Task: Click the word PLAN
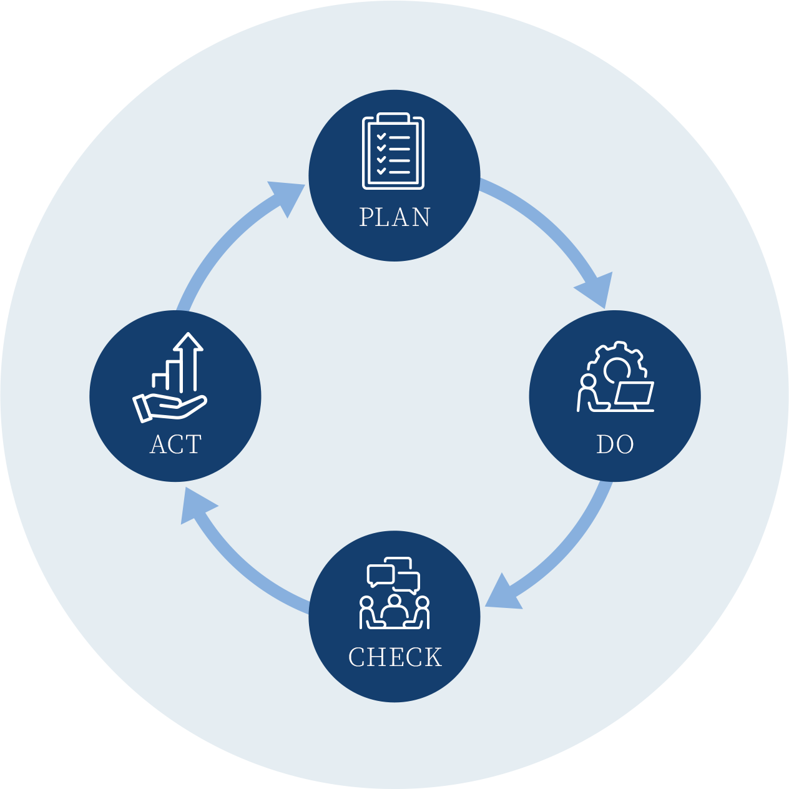click(394, 217)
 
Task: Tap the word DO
click(615, 444)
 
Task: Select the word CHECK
click(394, 669)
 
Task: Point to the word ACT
click(175, 444)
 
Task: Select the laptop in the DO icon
click(634, 396)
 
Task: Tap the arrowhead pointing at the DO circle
click(597, 290)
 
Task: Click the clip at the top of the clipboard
click(393, 117)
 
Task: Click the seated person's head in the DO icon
click(587, 381)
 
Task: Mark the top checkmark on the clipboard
click(381, 136)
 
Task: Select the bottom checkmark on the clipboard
click(381, 171)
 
